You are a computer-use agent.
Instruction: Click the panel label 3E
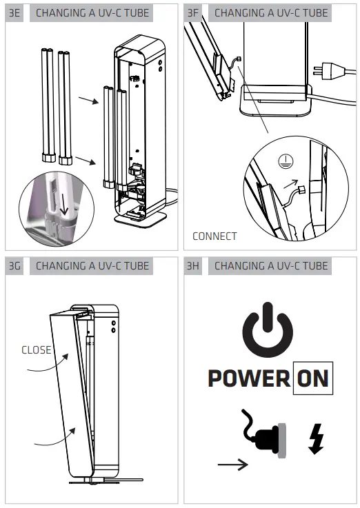(x=14, y=12)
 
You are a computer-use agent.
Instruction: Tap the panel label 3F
(x=194, y=12)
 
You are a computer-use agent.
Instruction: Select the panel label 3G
(x=14, y=265)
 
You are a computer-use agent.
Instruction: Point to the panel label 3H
(x=194, y=265)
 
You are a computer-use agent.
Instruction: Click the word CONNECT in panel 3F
(x=214, y=236)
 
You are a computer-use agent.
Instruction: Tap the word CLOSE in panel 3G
(x=37, y=349)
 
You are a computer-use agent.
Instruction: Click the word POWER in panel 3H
(x=248, y=378)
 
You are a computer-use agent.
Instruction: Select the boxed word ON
(x=312, y=378)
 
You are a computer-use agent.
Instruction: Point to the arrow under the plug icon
(x=232, y=466)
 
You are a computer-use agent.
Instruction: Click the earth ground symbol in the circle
(x=281, y=158)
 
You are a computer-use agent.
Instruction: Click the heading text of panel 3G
(x=92, y=265)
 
